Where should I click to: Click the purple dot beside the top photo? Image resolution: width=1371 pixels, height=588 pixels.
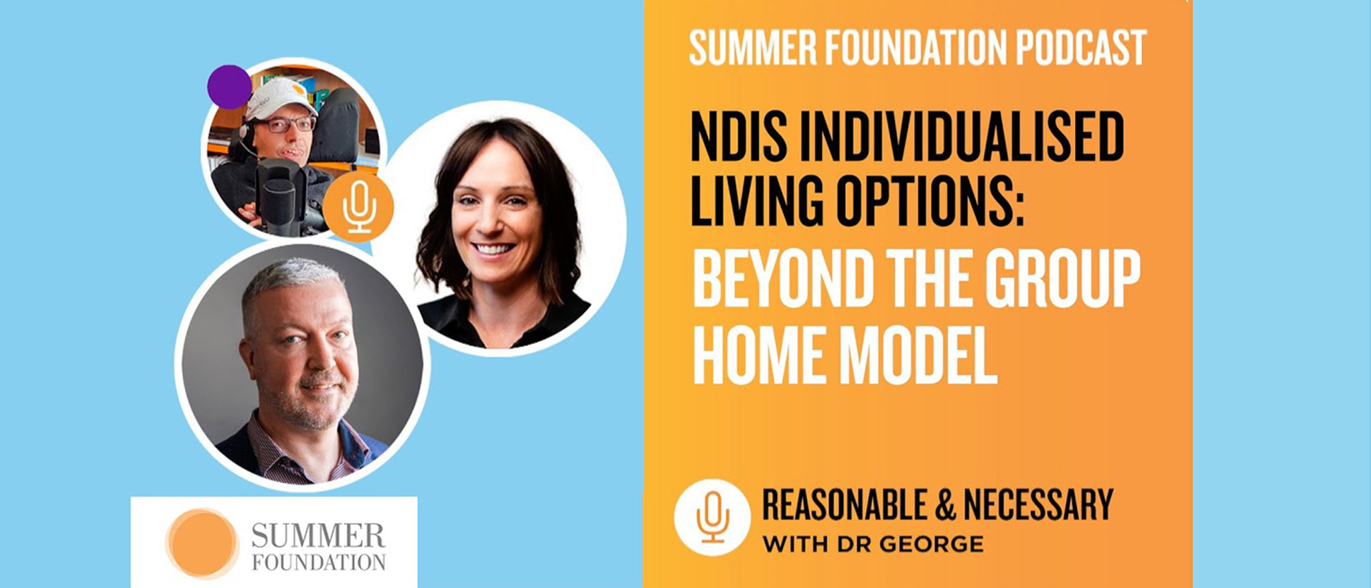[229, 87]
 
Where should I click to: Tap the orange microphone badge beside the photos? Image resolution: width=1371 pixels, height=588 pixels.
[358, 206]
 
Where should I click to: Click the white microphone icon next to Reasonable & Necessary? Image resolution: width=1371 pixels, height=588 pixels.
[712, 517]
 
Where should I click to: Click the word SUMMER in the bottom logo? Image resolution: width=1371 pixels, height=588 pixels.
[318, 536]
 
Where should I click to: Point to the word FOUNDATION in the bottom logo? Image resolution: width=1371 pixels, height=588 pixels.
[319, 563]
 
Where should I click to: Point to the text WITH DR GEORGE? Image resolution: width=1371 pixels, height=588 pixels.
[873, 544]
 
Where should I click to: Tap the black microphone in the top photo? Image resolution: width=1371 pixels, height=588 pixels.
[279, 194]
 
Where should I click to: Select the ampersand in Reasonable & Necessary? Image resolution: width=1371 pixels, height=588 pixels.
[944, 505]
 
